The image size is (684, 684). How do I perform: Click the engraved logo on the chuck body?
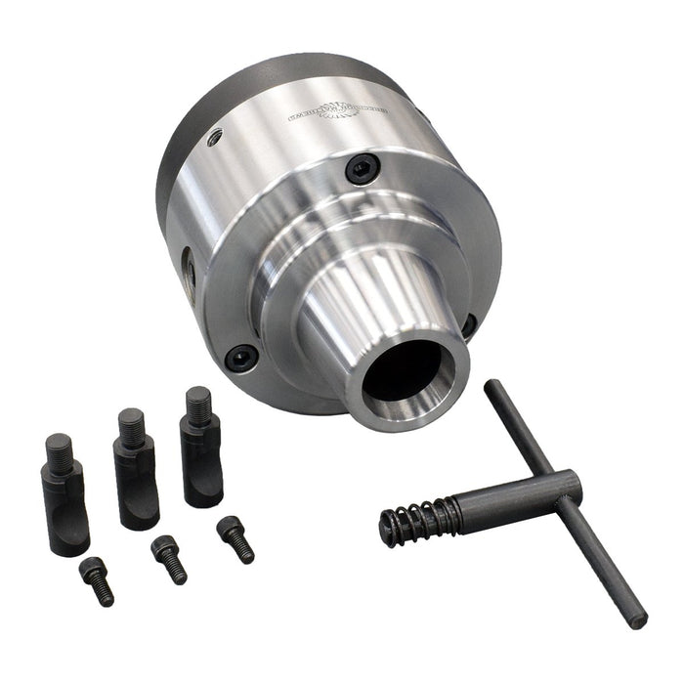[x=331, y=109]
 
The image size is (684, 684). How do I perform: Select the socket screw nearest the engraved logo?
[x=361, y=171]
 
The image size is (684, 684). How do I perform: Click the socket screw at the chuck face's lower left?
[x=240, y=357]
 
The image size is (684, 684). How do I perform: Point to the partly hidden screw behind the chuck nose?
[x=470, y=325]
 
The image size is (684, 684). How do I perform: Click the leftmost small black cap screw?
[x=96, y=579]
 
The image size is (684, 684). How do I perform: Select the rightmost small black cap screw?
[x=235, y=537]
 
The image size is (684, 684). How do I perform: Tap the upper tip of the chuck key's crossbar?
[x=492, y=386]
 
